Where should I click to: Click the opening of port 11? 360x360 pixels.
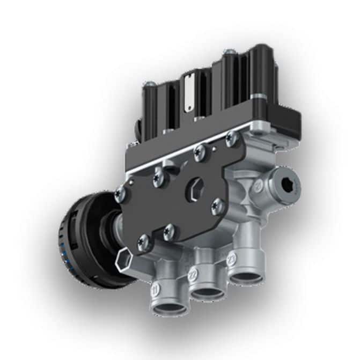167,307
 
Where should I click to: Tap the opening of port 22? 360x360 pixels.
208,293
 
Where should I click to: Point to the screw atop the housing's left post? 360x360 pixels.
151,84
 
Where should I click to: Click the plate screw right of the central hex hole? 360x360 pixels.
217,204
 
